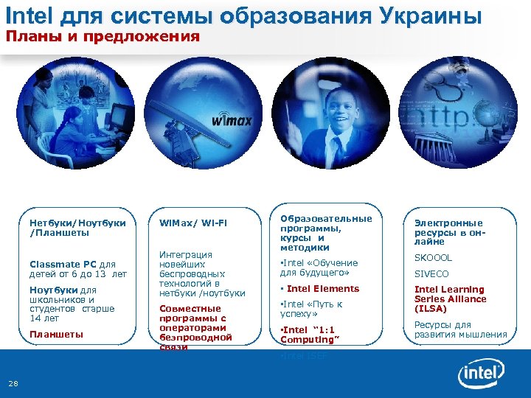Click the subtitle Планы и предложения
(x=103, y=36)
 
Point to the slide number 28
(x=14, y=382)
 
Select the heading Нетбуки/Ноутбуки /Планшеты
(x=77, y=228)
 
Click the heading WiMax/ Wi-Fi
(x=193, y=223)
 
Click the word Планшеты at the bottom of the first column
(x=56, y=334)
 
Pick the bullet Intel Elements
(x=322, y=289)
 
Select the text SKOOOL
(x=433, y=258)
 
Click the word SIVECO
(x=431, y=274)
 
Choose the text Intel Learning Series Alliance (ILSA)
(x=450, y=299)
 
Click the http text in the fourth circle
(x=446, y=118)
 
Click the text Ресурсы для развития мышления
(x=460, y=329)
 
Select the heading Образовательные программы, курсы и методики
(x=326, y=233)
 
